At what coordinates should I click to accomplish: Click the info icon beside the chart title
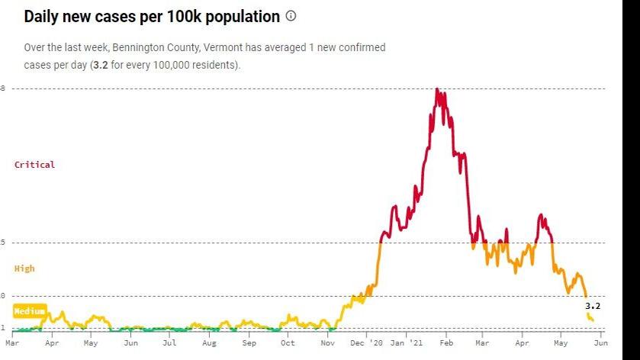[291, 16]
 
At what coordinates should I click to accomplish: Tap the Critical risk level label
[35, 165]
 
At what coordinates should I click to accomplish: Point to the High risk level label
[24, 268]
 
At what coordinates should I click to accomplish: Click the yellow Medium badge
[30, 311]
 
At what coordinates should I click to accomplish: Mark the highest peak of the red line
[437, 89]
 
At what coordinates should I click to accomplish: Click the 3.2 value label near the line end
[593, 306]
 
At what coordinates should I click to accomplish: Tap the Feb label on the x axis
[447, 344]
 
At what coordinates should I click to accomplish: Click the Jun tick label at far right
[600, 344]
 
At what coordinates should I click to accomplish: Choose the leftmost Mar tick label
[13, 344]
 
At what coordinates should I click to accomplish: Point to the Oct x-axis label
[288, 344]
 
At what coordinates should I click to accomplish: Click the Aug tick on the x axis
[209, 344]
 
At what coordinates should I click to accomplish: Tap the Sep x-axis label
[249, 344]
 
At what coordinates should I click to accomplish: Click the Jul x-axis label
[169, 344]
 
